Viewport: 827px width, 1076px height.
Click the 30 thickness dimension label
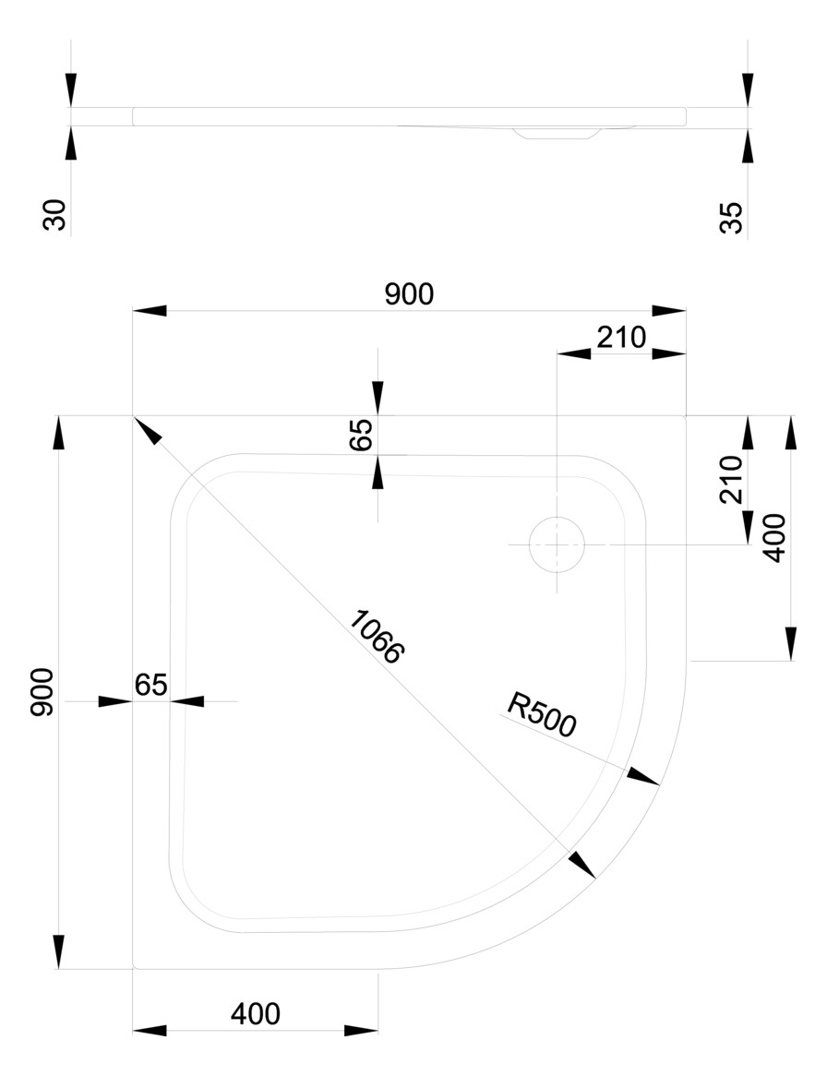coord(55,216)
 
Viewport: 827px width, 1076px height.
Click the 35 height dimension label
coord(731,218)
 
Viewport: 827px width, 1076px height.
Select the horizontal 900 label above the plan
coord(409,293)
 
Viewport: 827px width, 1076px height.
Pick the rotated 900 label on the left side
coord(43,692)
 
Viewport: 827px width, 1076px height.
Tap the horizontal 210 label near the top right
coord(621,338)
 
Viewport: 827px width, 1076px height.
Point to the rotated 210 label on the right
coord(731,478)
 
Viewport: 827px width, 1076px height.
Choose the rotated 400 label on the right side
coord(774,537)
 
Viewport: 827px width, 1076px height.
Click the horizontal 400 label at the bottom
coord(256,1013)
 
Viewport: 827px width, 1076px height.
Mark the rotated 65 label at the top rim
coord(362,434)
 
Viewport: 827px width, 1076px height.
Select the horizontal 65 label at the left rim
coord(150,685)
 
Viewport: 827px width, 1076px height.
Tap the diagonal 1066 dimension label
coord(377,637)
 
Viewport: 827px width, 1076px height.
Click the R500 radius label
coord(542,715)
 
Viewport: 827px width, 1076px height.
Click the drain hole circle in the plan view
coord(557,544)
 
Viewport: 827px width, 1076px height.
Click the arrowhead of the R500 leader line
coord(644,777)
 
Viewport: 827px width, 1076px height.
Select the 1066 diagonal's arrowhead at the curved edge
coord(582,865)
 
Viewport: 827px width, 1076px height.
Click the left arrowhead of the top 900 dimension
coord(150,310)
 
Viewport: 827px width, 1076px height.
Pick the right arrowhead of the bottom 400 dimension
coord(361,1030)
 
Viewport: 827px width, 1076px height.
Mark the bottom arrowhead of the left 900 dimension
coord(60,951)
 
